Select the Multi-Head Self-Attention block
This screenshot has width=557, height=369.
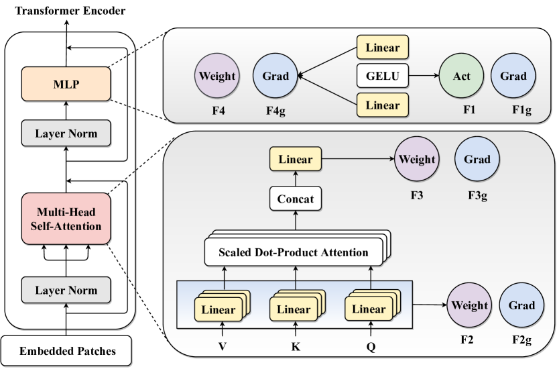click(66, 219)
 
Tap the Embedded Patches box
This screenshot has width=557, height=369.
click(66, 350)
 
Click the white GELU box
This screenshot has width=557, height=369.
click(382, 76)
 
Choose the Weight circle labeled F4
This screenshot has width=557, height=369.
click(217, 76)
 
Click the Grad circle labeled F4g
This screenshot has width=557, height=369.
click(275, 76)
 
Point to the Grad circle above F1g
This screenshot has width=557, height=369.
click(513, 76)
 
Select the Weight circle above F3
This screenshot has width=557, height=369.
click(417, 160)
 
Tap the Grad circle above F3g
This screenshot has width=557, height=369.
click(477, 160)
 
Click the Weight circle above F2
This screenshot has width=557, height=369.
click(469, 306)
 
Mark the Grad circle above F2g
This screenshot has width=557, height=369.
click(521, 306)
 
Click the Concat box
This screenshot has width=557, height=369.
click(295, 199)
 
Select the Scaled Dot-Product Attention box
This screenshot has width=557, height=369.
click(293, 253)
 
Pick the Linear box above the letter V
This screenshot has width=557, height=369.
click(218, 310)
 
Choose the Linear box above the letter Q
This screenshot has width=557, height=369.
click(368, 310)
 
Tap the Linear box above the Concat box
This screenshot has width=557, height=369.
click(295, 160)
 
